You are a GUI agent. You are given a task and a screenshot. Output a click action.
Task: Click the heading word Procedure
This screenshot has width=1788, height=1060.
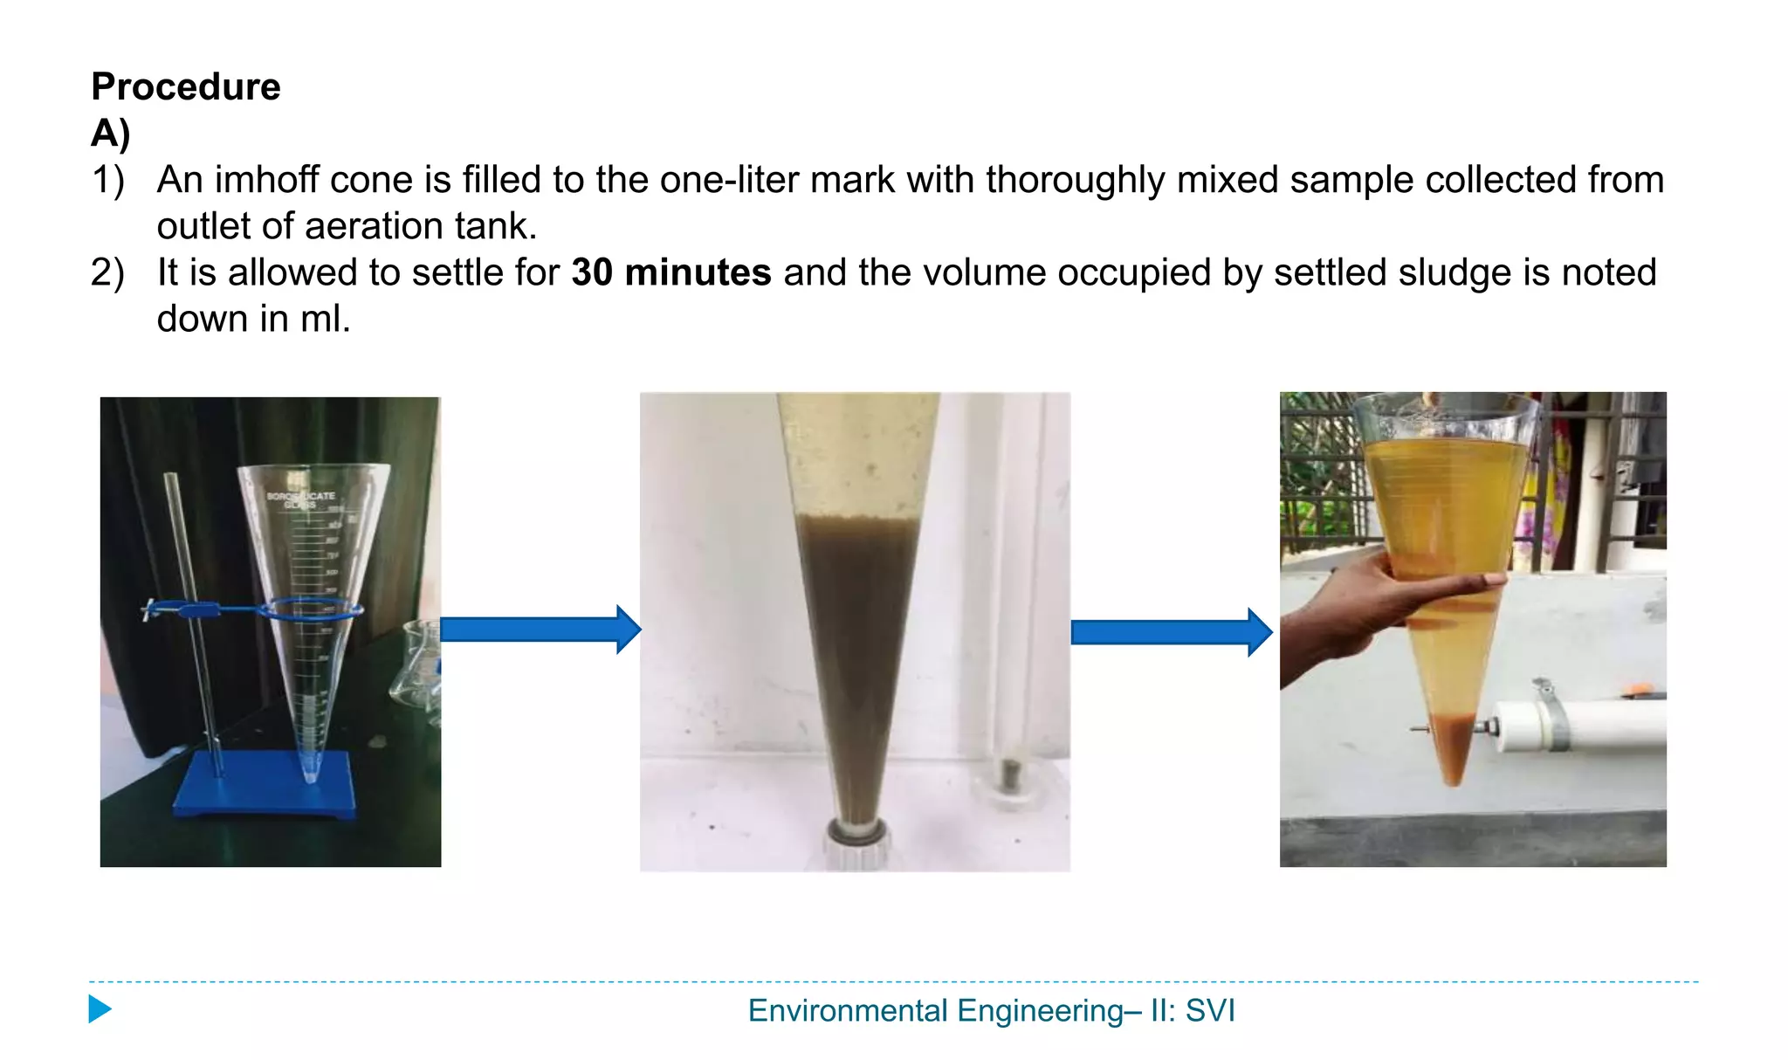[185, 86]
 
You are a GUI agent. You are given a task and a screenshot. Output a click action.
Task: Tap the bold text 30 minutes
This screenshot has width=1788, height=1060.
[670, 272]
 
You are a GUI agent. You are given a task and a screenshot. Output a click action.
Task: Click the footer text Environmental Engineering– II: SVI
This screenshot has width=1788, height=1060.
[991, 1010]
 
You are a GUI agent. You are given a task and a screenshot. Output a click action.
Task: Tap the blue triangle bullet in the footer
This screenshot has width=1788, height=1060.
[100, 1009]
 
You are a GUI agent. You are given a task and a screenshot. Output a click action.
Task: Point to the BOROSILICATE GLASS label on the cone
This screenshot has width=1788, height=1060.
[300, 499]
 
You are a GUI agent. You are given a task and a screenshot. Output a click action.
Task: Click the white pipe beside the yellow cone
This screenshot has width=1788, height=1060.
[1580, 723]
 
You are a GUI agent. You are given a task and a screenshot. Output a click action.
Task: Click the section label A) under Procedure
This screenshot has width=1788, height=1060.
[110, 134]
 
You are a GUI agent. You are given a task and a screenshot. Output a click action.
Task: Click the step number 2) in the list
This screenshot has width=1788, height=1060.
[107, 272]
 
